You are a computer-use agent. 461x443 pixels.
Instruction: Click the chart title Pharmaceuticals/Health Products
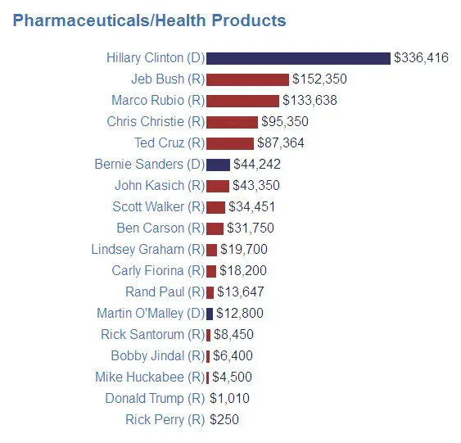[x=150, y=20]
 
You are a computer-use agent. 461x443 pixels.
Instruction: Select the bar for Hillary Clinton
[x=298, y=58]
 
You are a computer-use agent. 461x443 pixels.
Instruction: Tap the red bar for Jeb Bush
[x=247, y=79]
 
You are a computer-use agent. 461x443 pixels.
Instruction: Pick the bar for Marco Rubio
[x=242, y=101]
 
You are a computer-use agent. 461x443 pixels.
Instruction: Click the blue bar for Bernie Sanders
[x=218, y=164]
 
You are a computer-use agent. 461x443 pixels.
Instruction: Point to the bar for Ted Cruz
[x=230, y=142]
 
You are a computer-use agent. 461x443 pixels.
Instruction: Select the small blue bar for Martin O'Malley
[x=210, y=313]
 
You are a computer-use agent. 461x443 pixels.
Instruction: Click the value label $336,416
[x=421, y=58]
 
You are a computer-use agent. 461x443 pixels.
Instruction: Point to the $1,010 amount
[x=229, y=399]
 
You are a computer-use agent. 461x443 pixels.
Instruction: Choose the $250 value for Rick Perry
[x=224, y=420]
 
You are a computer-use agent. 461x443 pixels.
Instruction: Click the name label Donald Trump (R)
[x=155, y=399]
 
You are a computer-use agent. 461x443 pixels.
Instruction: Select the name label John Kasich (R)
[x=160, y=185]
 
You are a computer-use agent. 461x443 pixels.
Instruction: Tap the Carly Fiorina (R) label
[x=158, y=270]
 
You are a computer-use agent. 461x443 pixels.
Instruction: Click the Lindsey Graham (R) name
[x=148, y=249]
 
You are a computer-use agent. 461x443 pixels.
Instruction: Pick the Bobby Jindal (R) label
[x=157, y=356]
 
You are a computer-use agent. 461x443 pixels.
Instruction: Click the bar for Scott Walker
[x=215, y=206]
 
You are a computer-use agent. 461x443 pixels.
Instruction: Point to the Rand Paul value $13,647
[x=241, y=292]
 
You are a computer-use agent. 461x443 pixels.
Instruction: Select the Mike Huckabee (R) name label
[x=150, y=377]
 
